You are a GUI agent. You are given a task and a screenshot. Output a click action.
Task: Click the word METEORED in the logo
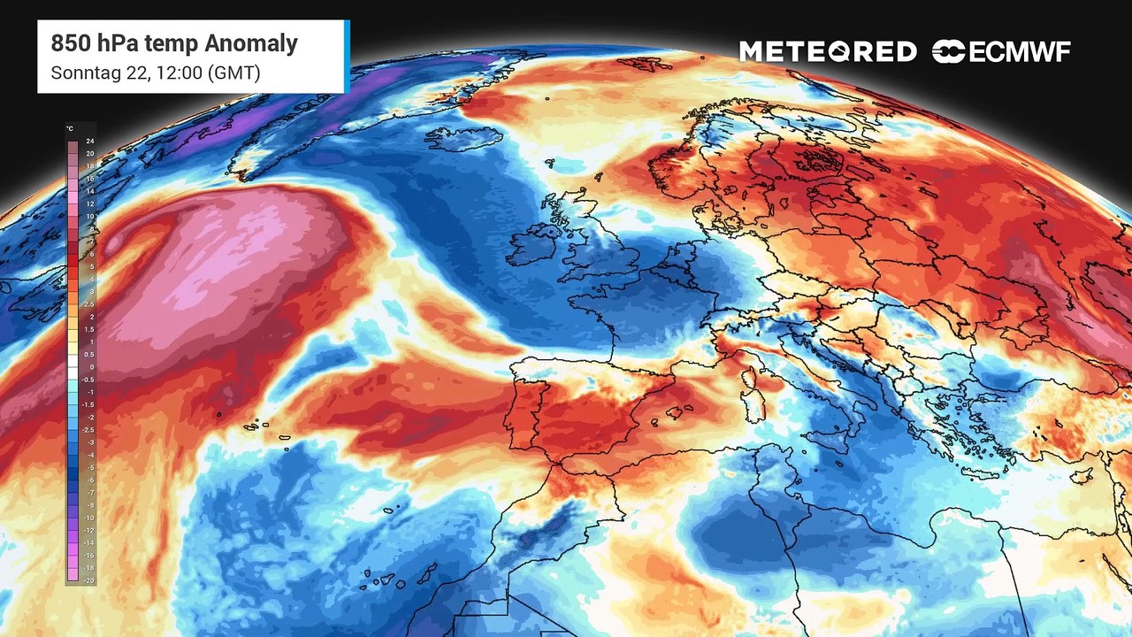click(x=828, y=52)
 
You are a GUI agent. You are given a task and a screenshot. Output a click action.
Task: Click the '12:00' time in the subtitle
click(x=175, y=73)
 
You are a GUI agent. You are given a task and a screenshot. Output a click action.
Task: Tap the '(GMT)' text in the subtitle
click(x=233, y=73)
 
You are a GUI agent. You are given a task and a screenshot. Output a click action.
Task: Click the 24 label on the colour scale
click(x=90, y=142)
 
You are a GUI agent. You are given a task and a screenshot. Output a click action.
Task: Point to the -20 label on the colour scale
click(x=88, y=579)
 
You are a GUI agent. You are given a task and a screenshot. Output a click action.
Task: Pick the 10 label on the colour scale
click(x=90, y=217)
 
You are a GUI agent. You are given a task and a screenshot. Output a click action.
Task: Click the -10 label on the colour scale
click(x=88, y=517)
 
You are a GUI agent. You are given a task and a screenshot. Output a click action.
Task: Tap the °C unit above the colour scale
click(x=70, y=128)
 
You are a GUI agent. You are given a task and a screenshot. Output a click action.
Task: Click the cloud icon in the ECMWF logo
click(x=948, y=52)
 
